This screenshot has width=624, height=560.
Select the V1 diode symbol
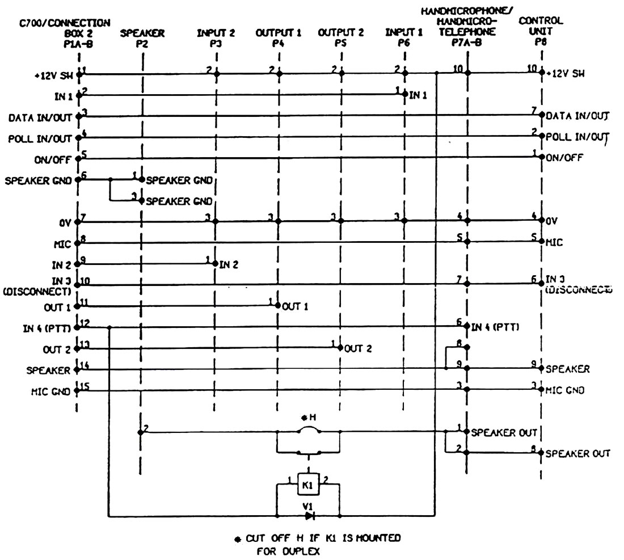[x=309, y=516]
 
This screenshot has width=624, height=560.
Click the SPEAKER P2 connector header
[x=142, y=38]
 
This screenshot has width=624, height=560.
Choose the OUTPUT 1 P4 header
[x=278, y=38]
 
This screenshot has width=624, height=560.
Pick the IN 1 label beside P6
[x=419, y=95]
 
